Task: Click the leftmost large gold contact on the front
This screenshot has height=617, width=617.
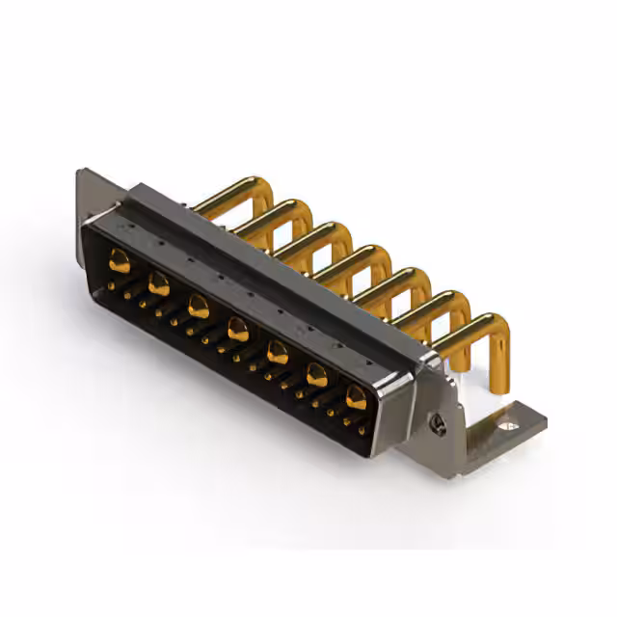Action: (120, 258)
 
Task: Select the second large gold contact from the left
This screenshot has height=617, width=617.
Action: (159, 283)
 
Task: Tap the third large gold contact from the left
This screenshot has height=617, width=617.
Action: (199, 308)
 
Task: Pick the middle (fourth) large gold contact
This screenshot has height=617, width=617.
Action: (237, 332)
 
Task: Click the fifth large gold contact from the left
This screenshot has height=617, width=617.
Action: (277, 354)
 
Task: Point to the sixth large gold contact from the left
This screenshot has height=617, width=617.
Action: (316, 376)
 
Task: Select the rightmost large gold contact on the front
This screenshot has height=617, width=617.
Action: (356, 397)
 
